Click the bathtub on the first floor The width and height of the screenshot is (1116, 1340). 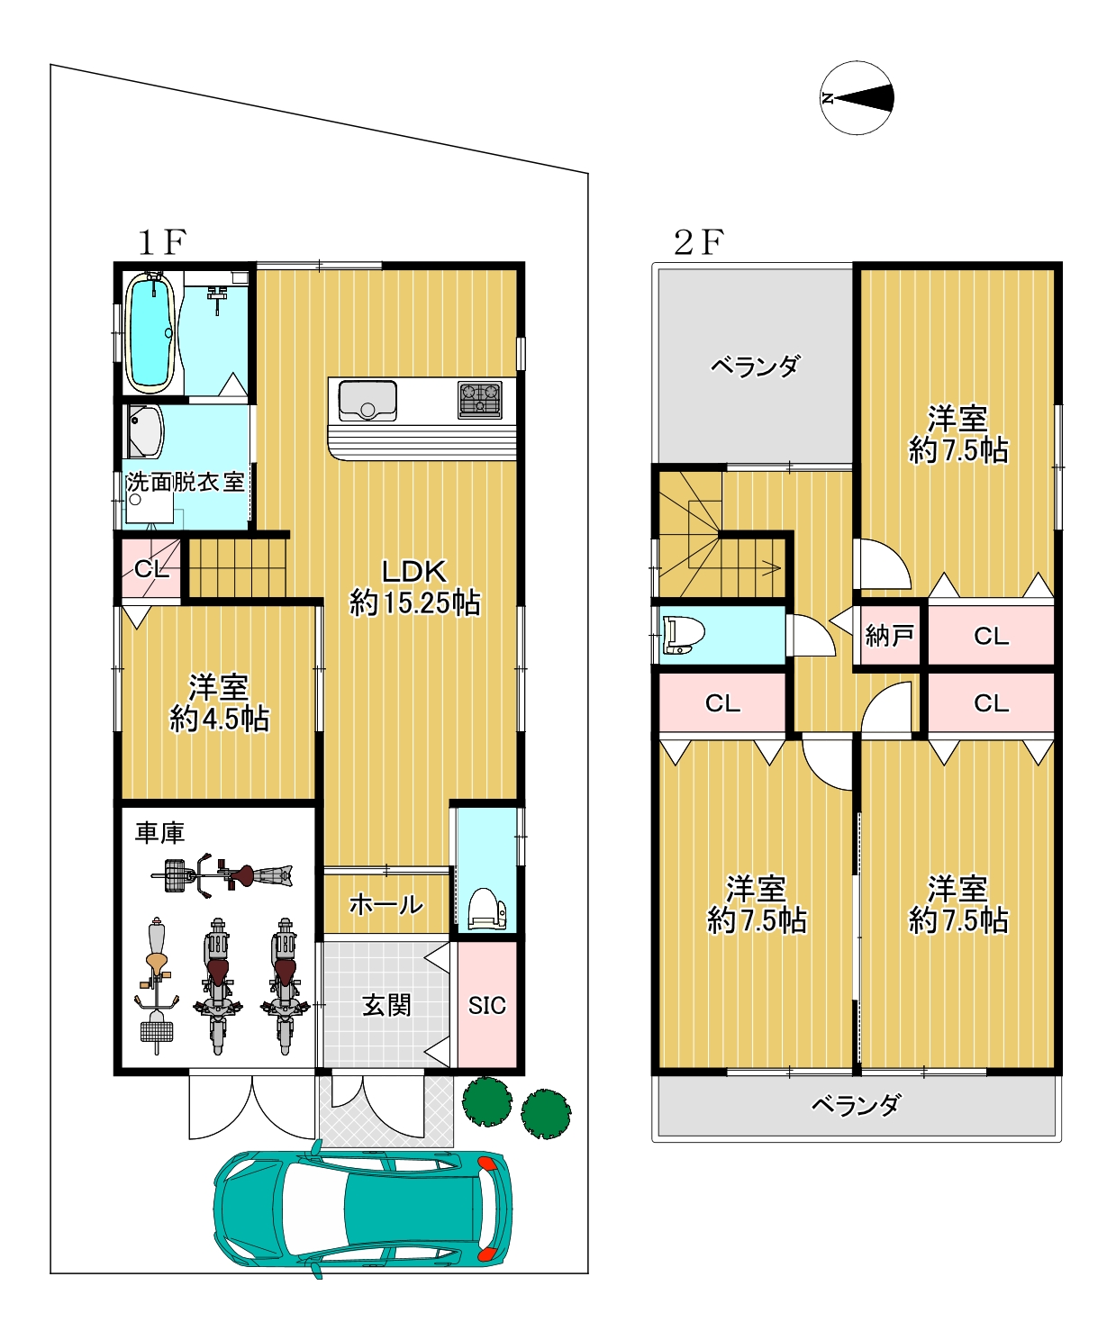pos(150,333)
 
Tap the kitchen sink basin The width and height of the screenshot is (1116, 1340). pos(367,401)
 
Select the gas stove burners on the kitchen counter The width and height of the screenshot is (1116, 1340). pos(480,399)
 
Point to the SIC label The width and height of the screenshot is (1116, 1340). pos(486,1005)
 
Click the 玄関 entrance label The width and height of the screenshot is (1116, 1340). pos(386,1005)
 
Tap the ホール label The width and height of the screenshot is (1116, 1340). pos(386,904)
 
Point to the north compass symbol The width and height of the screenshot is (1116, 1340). pos(857,98)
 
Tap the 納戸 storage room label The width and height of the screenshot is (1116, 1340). pos(889,636)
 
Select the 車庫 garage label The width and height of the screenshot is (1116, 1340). pos(160,833)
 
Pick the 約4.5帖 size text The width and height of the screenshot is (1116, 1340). pos(219,720)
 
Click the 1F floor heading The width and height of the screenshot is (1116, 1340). pos(162,242)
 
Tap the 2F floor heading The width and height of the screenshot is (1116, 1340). pos(699,242)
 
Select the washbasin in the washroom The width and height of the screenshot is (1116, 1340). pos(145,431)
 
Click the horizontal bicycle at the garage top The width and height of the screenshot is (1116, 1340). pos(222,875)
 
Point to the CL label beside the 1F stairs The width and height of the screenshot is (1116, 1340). pos(151,568)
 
